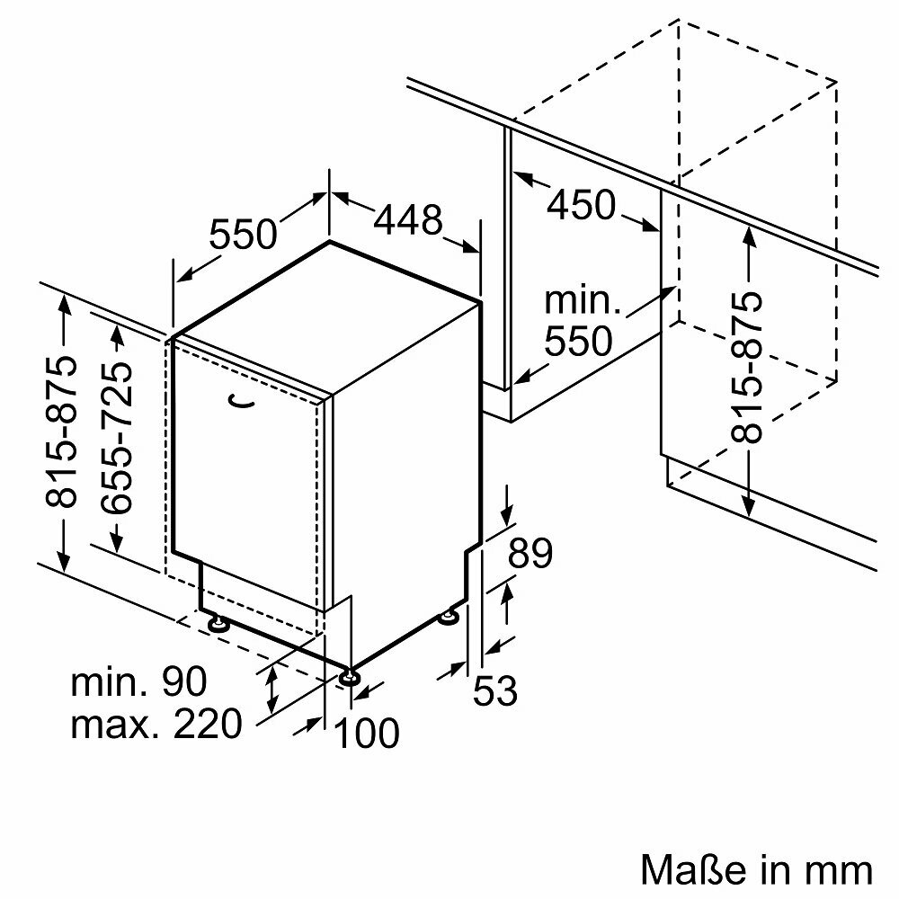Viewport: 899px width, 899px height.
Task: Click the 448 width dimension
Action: [408, 219]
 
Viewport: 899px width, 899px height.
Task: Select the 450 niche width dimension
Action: [581, 205]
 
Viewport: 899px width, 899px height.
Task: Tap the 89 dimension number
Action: [530, 553]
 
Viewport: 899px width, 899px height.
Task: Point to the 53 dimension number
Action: [494, 690]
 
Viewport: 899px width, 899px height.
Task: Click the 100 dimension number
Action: [366, 733]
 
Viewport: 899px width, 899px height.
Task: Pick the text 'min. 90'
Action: [138, 681]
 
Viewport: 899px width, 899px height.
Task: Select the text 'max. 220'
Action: [156, 724]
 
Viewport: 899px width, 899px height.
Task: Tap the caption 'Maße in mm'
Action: [756, 869]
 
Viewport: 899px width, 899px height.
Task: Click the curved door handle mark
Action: [240, 401]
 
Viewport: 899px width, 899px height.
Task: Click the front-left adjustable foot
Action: [218, 623]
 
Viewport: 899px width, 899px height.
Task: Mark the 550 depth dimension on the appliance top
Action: [243, 234]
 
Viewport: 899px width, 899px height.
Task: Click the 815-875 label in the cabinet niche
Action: [746, 367]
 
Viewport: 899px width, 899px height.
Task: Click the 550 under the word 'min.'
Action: [578, 341]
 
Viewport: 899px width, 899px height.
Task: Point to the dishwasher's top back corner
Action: [329, 241]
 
